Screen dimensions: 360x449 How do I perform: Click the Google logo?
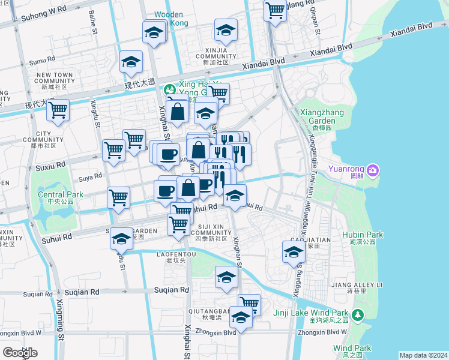[x=20, y=353]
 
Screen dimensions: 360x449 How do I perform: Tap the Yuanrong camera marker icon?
[x=373, y=171]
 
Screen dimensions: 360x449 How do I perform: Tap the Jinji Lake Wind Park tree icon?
[x=358, y=314]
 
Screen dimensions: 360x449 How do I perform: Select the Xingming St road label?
[x=61, y=328]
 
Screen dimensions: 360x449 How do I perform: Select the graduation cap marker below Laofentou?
[x=226, y=277]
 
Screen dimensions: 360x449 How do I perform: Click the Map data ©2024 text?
[x=423, y=355]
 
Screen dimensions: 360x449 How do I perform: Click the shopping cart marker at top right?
[x=275, y=10]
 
